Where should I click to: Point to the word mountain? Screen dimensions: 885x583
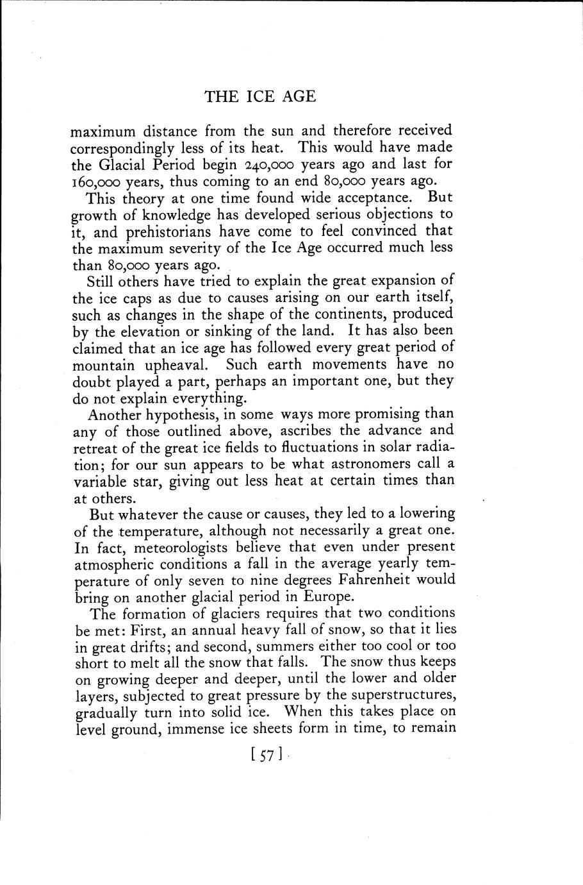(x=103, y=365)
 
